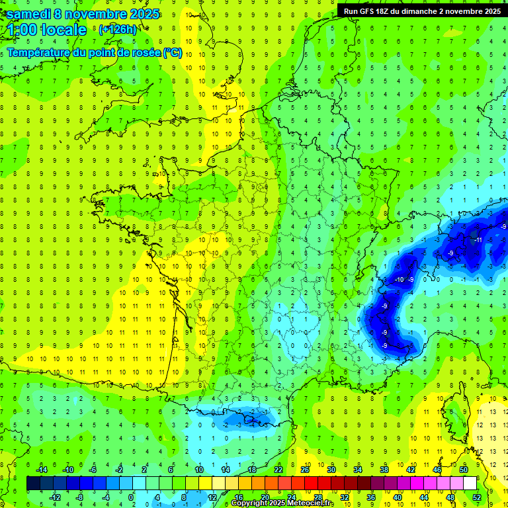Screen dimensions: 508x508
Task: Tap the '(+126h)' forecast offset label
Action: pyautogui.click(x=118, y=29)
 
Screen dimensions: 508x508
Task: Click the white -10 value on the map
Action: pyautogui.click(x=399, y=280)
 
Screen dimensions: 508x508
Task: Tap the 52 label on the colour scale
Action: pyautogui.click(x=477, y=497)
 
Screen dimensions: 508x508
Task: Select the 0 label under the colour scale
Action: pyautogui.click(x=131, y=497)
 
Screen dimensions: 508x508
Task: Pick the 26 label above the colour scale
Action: pyautogui.click(x=305, y=469)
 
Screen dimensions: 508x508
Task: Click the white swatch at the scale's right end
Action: pyautogui.click(x=470, y=484)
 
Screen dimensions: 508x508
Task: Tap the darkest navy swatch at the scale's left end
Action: pyautogui.click(x=34, y=484)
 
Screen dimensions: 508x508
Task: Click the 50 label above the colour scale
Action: pyautogui.click(x=464, y=469)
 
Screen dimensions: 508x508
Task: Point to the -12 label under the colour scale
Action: pyautogui.click(x=56, y=497)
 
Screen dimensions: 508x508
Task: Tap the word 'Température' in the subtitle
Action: pyautogui.click(x=39, y=52)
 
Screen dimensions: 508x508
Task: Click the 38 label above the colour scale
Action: pyautogui.click(x=384, y=469)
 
